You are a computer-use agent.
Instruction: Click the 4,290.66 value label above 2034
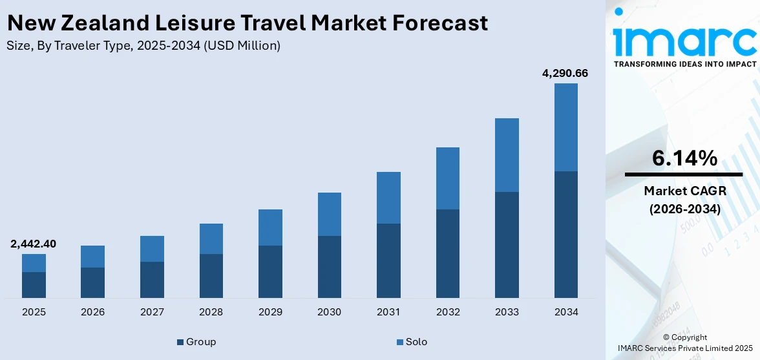coord(565,73)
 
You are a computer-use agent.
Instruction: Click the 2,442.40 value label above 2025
coord(33,244)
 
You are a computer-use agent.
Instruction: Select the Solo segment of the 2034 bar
coord(565,127)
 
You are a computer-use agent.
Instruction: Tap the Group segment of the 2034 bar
coord(565,234)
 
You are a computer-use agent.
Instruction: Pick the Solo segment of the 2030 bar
coord(329,214)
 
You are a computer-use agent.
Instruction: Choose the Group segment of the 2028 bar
coord(211,275)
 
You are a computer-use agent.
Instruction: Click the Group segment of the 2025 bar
coord(34,284)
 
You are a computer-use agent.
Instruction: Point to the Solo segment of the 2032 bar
coord(447,178)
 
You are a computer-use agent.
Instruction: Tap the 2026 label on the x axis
coord(92,312)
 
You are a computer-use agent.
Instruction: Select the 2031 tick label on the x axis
coord(388,312)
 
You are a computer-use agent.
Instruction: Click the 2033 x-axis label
coord(507,312)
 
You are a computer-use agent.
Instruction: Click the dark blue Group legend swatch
coord(180,342)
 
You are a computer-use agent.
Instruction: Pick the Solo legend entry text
coord(416,342)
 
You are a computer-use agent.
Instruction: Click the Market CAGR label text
coord(684,191)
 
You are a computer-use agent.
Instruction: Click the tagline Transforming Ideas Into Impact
coord(684,64)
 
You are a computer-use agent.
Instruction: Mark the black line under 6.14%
coord(684,175)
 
